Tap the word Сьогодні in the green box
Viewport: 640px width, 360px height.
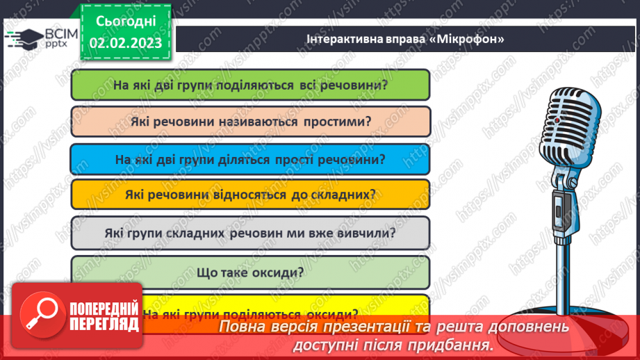click(x=125, y=21)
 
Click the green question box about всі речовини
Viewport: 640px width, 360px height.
click(x=250, y=85)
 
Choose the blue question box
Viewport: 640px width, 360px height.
click(x=250, y=159)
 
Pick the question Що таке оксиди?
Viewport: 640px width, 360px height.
click(x=250, y=271)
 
